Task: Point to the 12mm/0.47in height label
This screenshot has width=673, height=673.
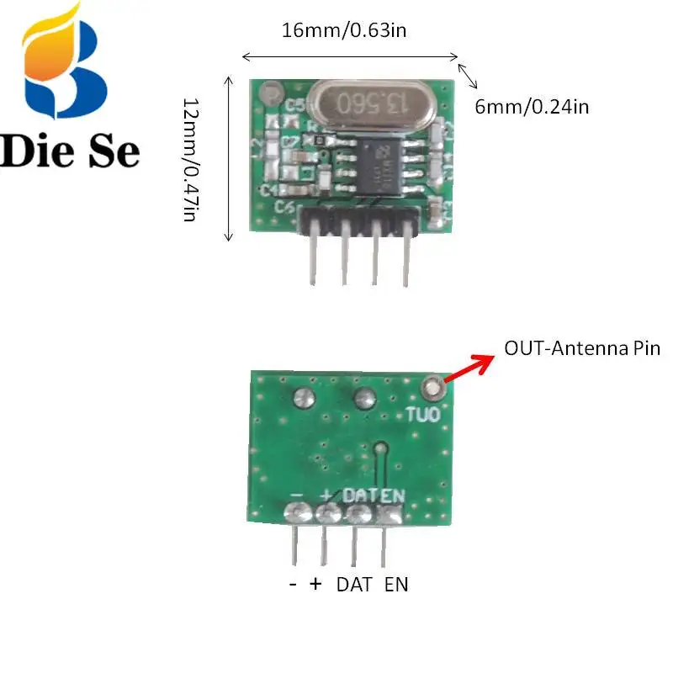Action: (191, 160)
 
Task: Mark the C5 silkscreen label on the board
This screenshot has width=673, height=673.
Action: (294, 106)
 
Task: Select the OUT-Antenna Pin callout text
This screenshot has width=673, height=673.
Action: (582, 347)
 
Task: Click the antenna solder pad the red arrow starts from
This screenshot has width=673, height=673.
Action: (433, 388)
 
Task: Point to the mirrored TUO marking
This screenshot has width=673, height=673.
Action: (422, 414)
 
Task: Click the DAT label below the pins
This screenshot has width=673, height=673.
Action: (354, 585)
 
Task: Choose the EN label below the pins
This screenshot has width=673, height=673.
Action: (396, 585)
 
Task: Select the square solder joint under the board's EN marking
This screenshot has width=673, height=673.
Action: (389, 514)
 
